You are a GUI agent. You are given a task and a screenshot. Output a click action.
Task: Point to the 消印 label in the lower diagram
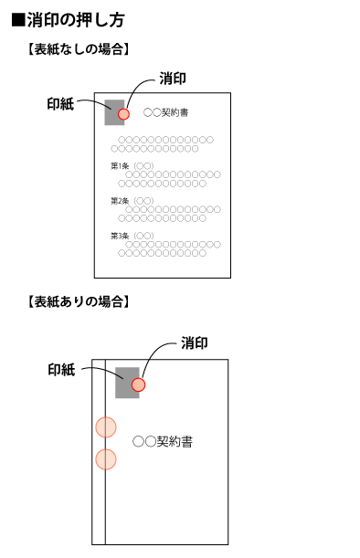pyautogui.click(x=194, y=343)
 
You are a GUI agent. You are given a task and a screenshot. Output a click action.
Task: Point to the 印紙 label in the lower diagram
pyautogui.click(x=62, y=370)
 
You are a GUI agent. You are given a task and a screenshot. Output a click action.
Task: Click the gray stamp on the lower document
pyautogui.click(x=125, y=382)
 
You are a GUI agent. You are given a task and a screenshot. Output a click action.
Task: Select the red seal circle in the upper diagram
pyautogui.click(x=124, y=114)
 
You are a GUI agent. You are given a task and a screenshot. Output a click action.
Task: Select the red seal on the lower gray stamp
pyautogui.click(x=138, y=384)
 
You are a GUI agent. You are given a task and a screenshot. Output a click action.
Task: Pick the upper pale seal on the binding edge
pyautogui.click(x=106, y=426)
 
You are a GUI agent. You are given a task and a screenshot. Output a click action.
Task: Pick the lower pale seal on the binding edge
pyautogui.click(x=106, y=458)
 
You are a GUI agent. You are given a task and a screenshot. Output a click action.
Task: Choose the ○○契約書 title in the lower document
pyautogui.click(x=163, y=441)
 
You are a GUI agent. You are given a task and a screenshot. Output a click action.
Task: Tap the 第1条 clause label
pyautogui.click(x=120, y=166)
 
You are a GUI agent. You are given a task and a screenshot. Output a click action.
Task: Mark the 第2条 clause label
pyautogui.click(x=120, y=201)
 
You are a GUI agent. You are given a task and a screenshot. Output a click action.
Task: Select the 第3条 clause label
pyautogui.click(x=120, y=236)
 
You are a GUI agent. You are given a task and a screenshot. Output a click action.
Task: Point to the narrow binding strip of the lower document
pyautogui.click(x=100, y=493)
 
